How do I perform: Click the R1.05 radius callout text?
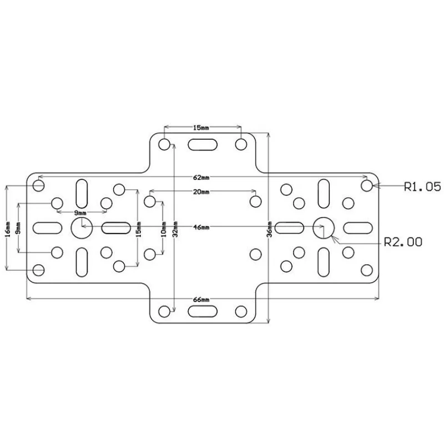coord(422,187)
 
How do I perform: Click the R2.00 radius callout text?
coord(403,241)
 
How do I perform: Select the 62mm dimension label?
coord(201,178)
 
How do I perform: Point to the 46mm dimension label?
coord(201,228)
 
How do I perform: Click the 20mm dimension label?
coord(201,192)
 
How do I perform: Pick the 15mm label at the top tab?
coord(201,128)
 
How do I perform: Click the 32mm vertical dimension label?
coord(175,228)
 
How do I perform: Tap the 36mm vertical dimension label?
coord(269,228)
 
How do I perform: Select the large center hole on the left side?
coord(80,226)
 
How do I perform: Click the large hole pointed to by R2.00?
coord(323,226)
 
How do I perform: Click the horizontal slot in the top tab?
coord(203,144)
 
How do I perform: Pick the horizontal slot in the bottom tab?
coord(203,311)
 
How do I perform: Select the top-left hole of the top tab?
coord(164,144)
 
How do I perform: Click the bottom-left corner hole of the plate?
coord(38,270)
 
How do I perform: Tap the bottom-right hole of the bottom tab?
coord(241,311)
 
